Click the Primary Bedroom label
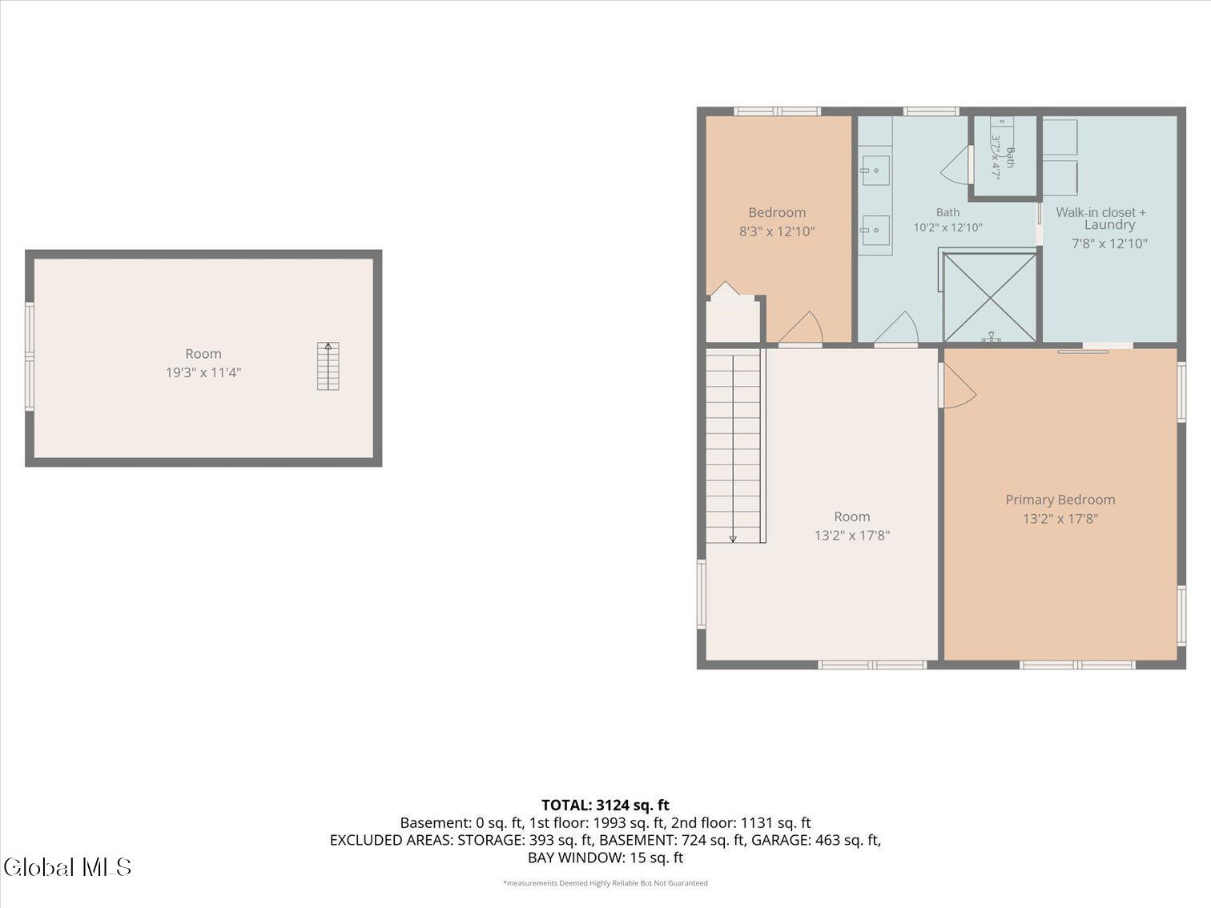coord(1060,500)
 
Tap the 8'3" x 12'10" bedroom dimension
coord(777,231)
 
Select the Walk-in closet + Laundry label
coord(1101,219)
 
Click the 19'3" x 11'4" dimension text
coord(203,372)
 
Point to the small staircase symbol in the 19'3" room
coord(328,366)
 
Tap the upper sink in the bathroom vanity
coord(875,171)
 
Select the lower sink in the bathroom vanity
coord(875,231)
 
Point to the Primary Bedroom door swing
coord(959,387)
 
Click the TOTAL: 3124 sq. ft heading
coord(605,805)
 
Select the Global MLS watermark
coord(67,867)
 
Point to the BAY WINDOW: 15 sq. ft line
coord(605,858)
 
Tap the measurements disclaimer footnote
coord(605,883)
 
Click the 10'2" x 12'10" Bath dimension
coord(947,227)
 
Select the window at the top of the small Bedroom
coord(778,111)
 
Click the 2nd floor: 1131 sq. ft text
coord(741,823)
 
